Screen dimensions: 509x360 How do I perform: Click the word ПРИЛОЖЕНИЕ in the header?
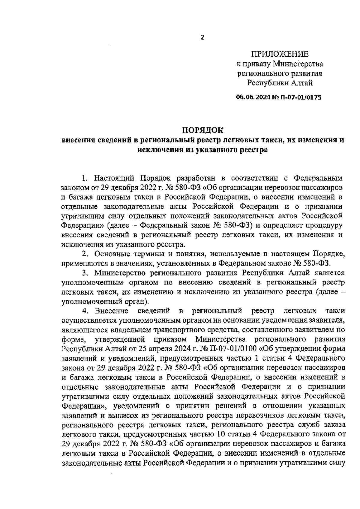tap(280, 54)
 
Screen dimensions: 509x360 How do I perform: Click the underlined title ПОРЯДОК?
tap(203, 130)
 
